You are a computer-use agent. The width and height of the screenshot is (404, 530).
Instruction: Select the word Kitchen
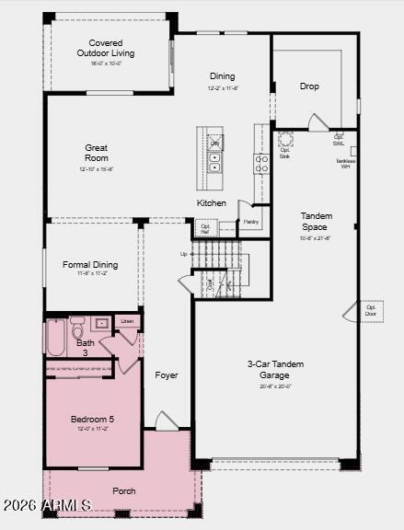(x=211, y=202)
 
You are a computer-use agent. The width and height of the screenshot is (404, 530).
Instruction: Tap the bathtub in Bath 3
(x=56, y=337)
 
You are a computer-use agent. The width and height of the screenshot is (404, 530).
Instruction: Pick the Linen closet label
(x=127, y=321)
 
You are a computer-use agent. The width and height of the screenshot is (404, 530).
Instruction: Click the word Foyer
(x=166, y=374)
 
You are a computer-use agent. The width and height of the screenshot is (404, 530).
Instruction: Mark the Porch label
(x=123, y=490)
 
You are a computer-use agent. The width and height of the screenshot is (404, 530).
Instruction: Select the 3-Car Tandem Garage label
(x=276, y=369)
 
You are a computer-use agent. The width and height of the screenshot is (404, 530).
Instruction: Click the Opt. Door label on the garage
(x=371, y=311)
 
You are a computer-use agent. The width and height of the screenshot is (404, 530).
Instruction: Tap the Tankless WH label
(x=345, y=163)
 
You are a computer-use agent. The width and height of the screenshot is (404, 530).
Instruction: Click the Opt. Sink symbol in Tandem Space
(x=285, y=140)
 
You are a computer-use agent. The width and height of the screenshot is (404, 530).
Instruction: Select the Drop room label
(x=309, y=86)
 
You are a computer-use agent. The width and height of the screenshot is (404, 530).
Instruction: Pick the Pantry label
(x=250, y=222)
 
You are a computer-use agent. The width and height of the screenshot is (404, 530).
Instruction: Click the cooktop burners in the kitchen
(x=261, y=163)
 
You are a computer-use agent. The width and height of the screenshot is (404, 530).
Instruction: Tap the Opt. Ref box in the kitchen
(x=205, y=227)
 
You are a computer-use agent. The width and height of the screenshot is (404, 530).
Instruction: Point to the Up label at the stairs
(x=184, y=254)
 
